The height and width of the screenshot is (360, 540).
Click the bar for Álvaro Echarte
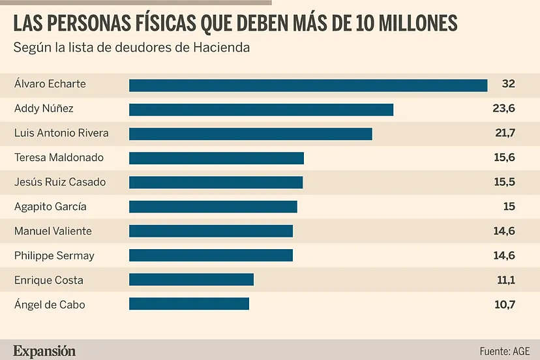308,85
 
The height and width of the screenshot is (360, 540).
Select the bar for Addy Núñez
261,110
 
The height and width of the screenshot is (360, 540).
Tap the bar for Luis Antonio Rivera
250,134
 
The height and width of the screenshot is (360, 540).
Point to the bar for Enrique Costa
191,280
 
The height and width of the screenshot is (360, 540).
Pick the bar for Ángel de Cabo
189,304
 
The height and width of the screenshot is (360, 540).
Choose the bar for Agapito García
213,207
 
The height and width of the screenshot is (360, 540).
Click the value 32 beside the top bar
508,84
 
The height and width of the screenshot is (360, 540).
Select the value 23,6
504,109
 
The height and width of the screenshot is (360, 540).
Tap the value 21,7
505,133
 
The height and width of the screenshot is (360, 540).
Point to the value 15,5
505,182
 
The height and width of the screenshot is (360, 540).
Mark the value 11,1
505,280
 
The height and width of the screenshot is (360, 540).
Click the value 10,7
505,304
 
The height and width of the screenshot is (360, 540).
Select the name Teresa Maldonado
59,157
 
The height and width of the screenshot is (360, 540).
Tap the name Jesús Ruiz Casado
60,182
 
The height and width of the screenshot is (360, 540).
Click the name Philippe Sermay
54,256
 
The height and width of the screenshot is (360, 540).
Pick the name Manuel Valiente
53,231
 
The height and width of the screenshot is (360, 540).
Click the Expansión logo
44,351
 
